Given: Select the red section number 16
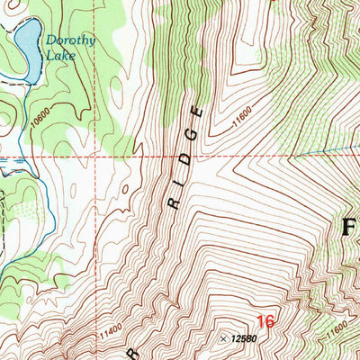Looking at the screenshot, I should (265, 321).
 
